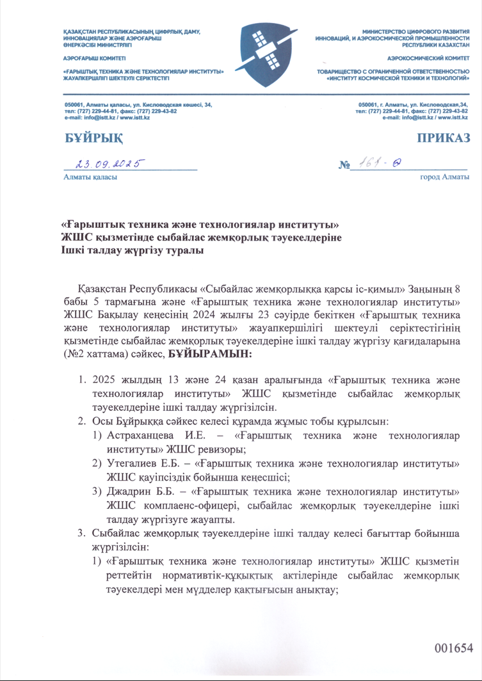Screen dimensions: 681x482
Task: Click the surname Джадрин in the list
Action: click(129, 492)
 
